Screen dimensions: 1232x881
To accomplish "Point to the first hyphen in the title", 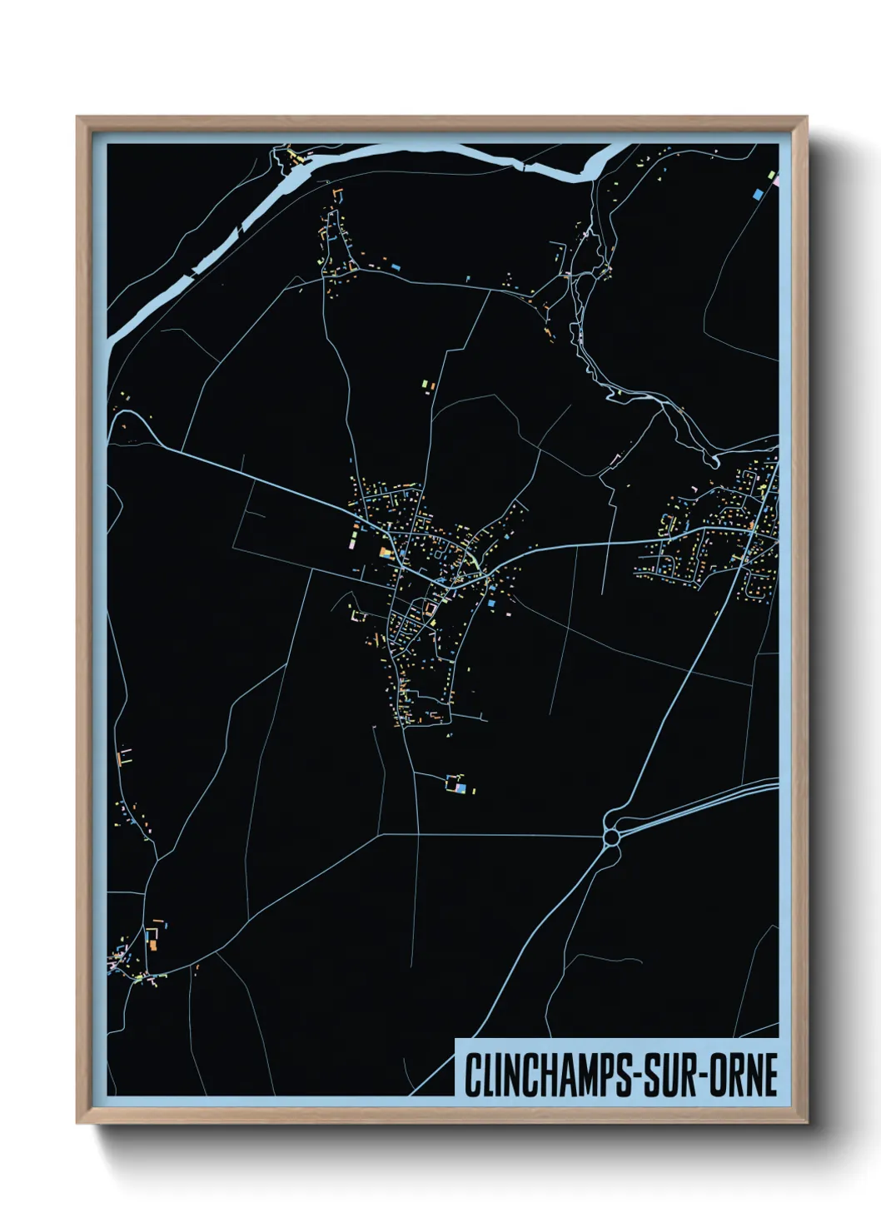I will (640, 1076).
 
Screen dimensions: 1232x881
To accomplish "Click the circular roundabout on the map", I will (612, 833).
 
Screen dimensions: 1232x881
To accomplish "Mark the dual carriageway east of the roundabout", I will (699, 802).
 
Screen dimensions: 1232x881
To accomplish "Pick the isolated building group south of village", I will (456, 783).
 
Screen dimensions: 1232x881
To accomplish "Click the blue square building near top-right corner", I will (758, 194).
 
